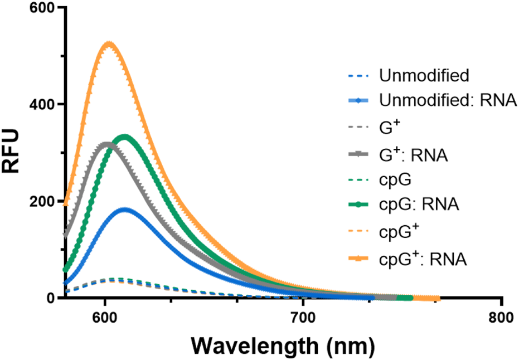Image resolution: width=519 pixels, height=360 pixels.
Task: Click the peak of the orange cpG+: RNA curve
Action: coord(109,44)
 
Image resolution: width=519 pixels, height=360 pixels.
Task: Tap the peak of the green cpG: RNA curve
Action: coord(124,137)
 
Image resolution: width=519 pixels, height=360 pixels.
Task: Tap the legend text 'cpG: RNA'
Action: coord(419,205)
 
